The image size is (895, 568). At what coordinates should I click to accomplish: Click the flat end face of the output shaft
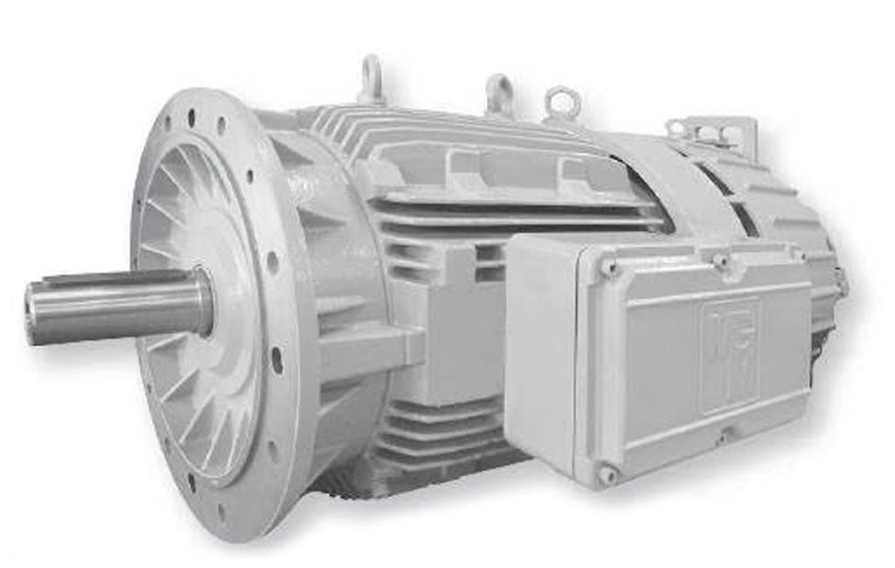[x=36, y=314]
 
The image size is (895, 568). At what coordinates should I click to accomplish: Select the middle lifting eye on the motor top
[x=498, y=91]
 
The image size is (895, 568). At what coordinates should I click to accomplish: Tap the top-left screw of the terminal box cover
[x=609, y=267]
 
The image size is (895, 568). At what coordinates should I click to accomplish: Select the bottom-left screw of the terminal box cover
[x=607, y=473]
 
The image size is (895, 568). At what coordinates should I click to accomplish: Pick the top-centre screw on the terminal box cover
[x=722, y=260]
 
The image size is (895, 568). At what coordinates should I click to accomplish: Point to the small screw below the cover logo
[x=726, y=437]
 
